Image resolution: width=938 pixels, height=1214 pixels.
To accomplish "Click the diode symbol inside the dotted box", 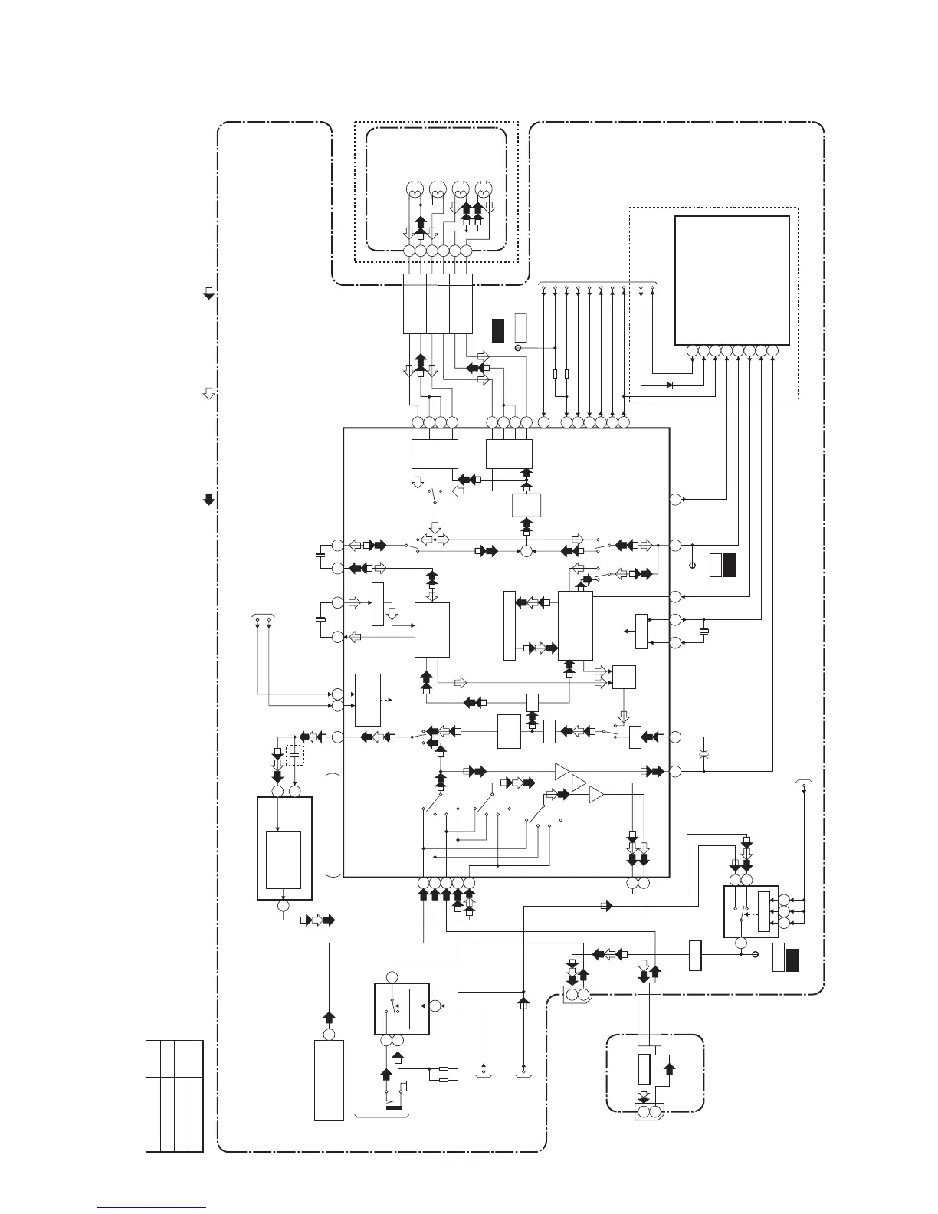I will point(669,385).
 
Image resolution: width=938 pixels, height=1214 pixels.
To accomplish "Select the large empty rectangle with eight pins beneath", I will point(732,280).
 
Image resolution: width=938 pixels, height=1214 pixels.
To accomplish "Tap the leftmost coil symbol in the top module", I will point(415,189).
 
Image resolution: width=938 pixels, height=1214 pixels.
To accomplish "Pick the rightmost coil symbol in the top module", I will point(484,189).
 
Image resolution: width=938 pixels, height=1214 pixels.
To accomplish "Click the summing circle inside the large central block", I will point(526,550).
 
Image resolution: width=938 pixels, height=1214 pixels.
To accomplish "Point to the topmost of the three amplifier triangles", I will point(563,770).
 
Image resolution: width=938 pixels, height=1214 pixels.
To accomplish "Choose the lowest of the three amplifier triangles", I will point(597,796).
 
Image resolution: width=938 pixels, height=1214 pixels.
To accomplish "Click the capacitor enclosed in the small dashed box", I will point(295,756).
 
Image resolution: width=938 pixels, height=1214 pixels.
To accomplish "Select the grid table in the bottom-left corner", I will point(175,1095).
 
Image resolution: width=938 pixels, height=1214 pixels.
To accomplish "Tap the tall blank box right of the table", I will point(329,1081).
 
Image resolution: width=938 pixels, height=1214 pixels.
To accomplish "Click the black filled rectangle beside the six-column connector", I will point(498,329).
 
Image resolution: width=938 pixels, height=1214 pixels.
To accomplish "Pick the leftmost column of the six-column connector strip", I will point(409,303).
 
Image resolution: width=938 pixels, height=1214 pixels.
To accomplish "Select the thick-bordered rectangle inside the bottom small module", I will point(644,1069).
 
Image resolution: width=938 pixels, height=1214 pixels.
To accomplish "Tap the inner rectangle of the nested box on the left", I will point(284,859).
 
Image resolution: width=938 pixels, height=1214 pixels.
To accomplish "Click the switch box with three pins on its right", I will point(751,910).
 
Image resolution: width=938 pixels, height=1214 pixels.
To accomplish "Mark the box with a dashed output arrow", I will point(368,700).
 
